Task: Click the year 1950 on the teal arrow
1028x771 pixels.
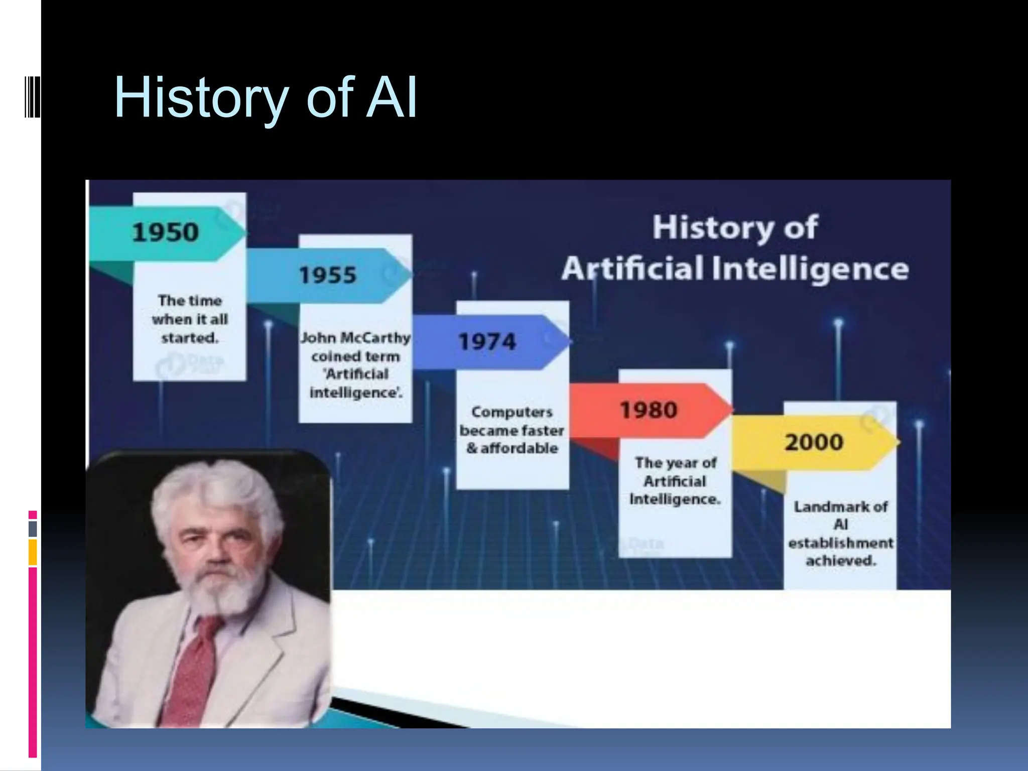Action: [x=165, y=232]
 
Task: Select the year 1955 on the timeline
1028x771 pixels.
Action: [x=328, y=275]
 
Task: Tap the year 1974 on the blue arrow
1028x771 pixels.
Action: [x=487, y=342]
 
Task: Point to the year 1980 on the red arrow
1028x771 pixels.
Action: [x=649, y=410]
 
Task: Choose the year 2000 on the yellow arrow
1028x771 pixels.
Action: [x=814, y=442]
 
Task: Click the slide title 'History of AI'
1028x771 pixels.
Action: [x=266, y=98]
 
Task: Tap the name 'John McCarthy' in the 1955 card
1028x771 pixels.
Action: [x=355, y=338]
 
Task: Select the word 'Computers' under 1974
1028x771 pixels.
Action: [x=512, y=412]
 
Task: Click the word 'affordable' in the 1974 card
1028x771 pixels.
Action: [x=519, y=448]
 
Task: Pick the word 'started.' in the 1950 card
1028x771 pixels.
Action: [x=190, y=338]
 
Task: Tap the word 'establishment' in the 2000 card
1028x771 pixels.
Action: [x=841, y=543]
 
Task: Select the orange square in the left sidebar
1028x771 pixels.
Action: [x=33, y=552]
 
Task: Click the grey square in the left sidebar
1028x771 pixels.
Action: [x=33, y=529]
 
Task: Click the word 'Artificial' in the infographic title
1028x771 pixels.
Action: [x=632, y=269]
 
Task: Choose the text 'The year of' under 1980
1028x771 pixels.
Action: [x=676, y=463]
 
